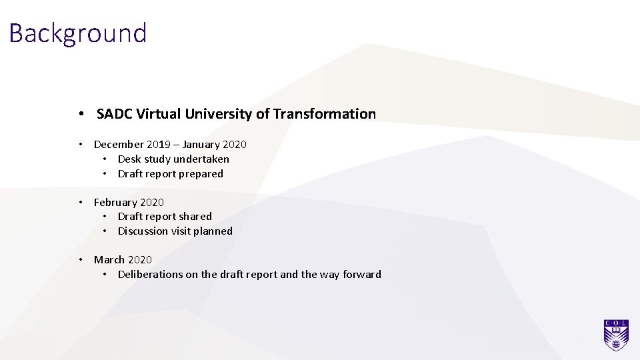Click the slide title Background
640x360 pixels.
coord(78,33)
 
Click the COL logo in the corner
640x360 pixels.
coord(616,335)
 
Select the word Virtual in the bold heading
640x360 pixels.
coord(155,114)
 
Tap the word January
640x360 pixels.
coord(202,145)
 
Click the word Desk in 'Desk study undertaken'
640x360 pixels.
coord(129,159)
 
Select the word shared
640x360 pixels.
coord(196,217)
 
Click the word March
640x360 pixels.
coord(109,260)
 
